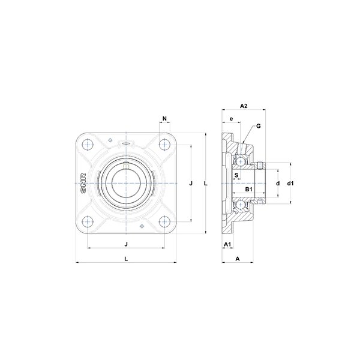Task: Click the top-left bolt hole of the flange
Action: [88, 145]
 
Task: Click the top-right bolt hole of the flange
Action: [164, 145]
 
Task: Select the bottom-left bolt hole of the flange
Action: [88, 222]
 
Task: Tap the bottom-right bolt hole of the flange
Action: [164, 222]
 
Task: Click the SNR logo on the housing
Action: [83, 183]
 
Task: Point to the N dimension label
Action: [164, 118]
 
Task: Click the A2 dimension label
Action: [244, 106]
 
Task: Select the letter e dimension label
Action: [231, 119]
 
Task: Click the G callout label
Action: [258, 126]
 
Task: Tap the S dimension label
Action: [236, 175]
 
